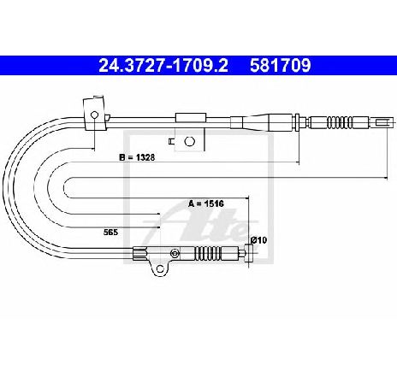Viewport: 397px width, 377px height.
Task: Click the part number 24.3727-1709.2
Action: [x=163, y=66]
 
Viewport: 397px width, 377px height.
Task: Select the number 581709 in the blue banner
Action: [x=281, y=66]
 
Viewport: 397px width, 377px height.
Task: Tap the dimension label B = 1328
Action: [x=137, y=157]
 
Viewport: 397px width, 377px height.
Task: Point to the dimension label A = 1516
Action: [x=206, y=203]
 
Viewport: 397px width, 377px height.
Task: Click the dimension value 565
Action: [x=110, y=233]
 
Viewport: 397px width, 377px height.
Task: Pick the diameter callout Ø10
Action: [x=258, y=240]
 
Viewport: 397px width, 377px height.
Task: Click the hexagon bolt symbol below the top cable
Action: [x=189, y=141]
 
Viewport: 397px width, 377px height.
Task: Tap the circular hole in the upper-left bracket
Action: [x=94, y=115]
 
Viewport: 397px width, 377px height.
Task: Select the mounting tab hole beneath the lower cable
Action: [x=160, y=268]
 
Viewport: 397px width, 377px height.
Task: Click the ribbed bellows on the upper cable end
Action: [x=340, y=122]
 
